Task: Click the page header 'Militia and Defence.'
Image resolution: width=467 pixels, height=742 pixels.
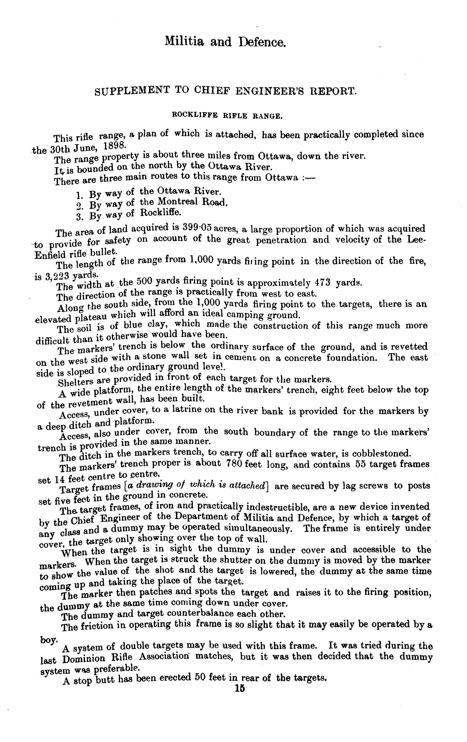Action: [x=225, y=42]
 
